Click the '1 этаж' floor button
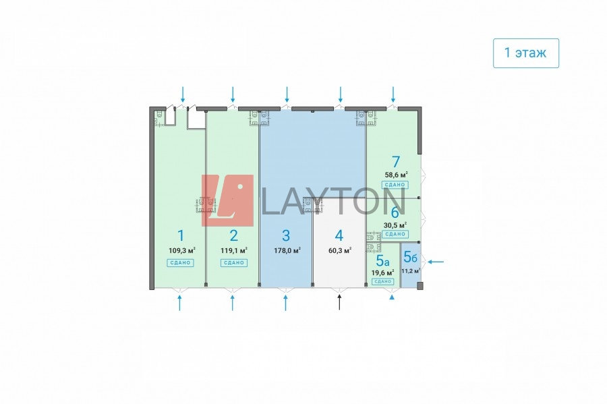click(526, 51)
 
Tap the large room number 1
click(180, 235)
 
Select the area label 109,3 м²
click(180, 250)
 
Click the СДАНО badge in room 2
click(233, 262)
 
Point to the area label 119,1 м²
click(233, 250)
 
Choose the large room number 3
click(286, 235)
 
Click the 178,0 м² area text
click(287, 250)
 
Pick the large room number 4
click(339, 235)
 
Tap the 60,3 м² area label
click(339, 250)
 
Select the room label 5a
click(382, 260)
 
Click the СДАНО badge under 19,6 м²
click(382, 281)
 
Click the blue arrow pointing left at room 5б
click(436, 262)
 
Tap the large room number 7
click(396, 162)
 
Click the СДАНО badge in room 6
click(395, 234)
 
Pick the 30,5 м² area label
click(395, 225)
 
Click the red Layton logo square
click(228, 200)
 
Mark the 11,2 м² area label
click(411, 271)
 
